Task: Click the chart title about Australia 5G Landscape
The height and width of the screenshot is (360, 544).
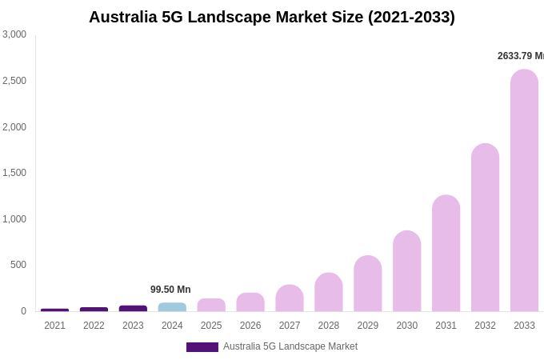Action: coord(271,17)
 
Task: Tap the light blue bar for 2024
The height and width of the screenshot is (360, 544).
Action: coord(172,307)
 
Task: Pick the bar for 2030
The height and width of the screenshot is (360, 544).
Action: coord(406,271)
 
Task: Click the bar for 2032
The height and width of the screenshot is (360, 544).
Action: coord(485,228)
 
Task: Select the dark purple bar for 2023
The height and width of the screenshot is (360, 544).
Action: coord(133,308)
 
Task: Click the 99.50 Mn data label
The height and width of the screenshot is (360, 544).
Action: coord(170,290)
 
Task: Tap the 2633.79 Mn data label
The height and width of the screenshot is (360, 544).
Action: coord(520,56)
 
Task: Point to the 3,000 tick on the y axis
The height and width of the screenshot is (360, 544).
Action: coord(14,34)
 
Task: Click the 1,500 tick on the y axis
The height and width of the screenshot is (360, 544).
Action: coord(14,173)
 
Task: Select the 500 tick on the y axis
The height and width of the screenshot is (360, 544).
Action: coord(18,265)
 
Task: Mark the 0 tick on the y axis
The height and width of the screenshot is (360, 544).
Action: coord(23,311)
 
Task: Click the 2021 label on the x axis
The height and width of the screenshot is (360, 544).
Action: coord(54,326)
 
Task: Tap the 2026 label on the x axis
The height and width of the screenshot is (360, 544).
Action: coord(250,326)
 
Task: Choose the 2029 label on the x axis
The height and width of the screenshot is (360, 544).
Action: coord(367,326)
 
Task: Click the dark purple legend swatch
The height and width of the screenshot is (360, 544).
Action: coord(202,347)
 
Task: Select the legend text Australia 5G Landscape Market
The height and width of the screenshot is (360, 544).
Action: coord(290,346)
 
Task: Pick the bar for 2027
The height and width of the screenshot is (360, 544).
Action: coord(290,298)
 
